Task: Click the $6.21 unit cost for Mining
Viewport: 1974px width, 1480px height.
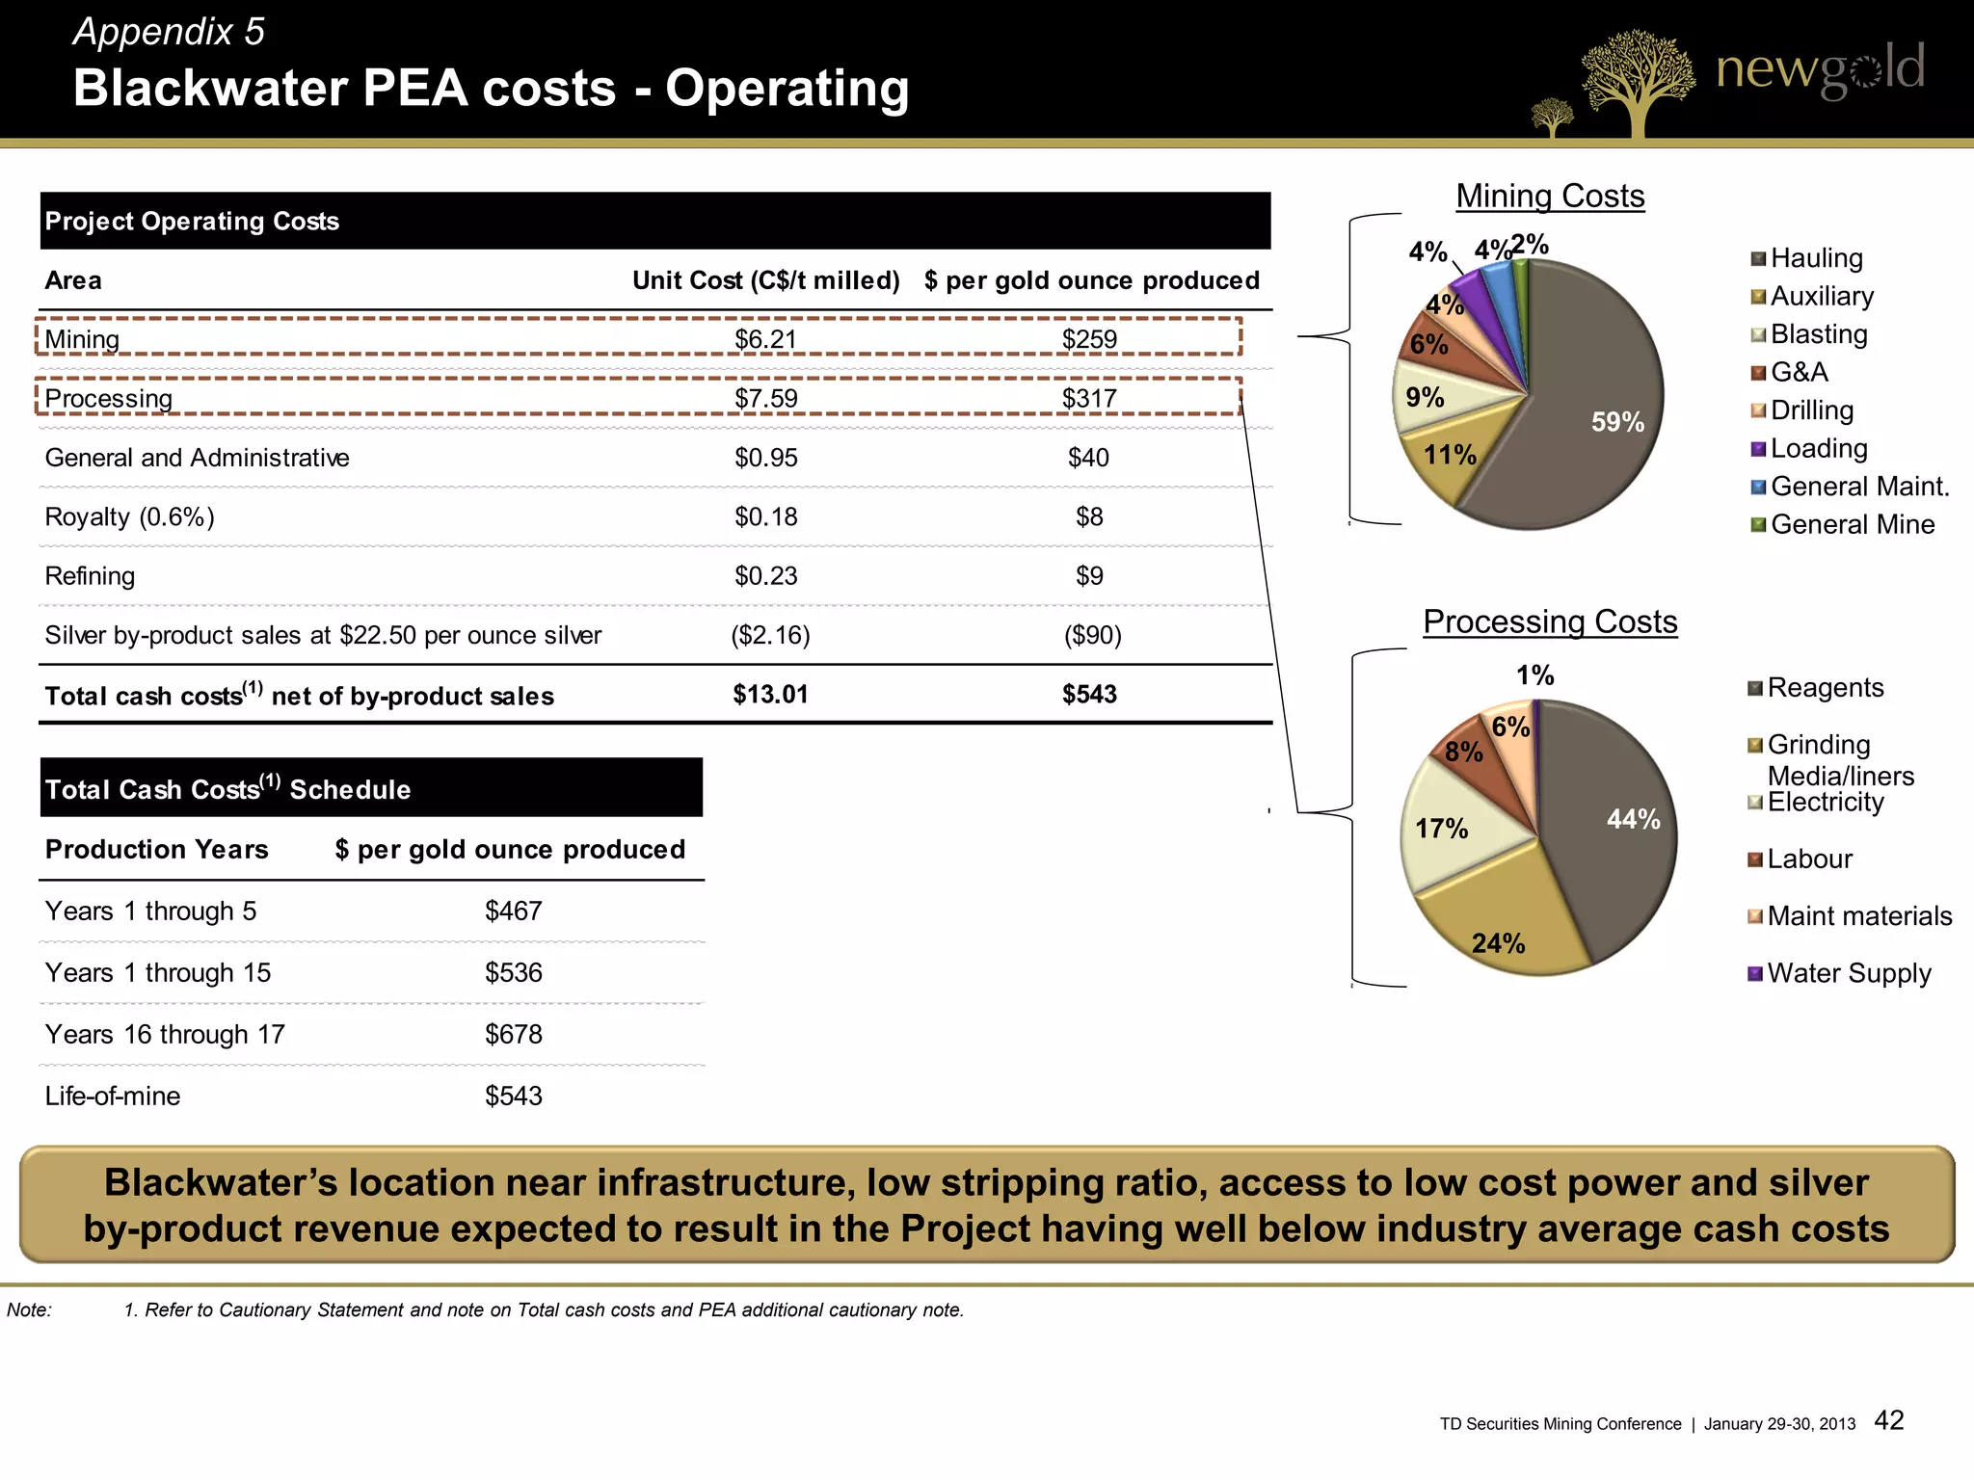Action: tap(765, 339)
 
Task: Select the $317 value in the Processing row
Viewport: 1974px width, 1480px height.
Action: tap(1089, 398)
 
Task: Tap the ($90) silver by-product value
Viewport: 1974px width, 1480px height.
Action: tap(1092, 635)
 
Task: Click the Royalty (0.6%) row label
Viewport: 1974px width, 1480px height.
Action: tap(129, 517)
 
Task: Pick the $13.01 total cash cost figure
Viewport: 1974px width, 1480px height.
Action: tap(770, 695)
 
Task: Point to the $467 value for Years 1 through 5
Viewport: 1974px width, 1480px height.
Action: tap(513, 911)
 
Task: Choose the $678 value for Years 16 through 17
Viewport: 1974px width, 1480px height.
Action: tap(513, 1034)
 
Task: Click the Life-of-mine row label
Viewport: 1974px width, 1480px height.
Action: tap(113, 1096)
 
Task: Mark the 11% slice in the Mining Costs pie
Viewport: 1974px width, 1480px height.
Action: tap(1446, 458)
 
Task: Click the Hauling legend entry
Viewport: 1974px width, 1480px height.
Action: tap(1816, 258)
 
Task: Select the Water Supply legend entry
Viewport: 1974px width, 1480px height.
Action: tap(1848, 973)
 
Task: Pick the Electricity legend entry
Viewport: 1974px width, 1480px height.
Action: tap(1825, 803)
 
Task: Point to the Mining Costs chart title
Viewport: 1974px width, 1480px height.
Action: tap(1550, 196)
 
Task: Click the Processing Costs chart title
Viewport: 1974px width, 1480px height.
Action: tap(1550, 621)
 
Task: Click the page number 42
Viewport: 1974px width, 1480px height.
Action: tap(1888, 1420)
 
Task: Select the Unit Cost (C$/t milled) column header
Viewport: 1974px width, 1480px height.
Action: tap(765, 280)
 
